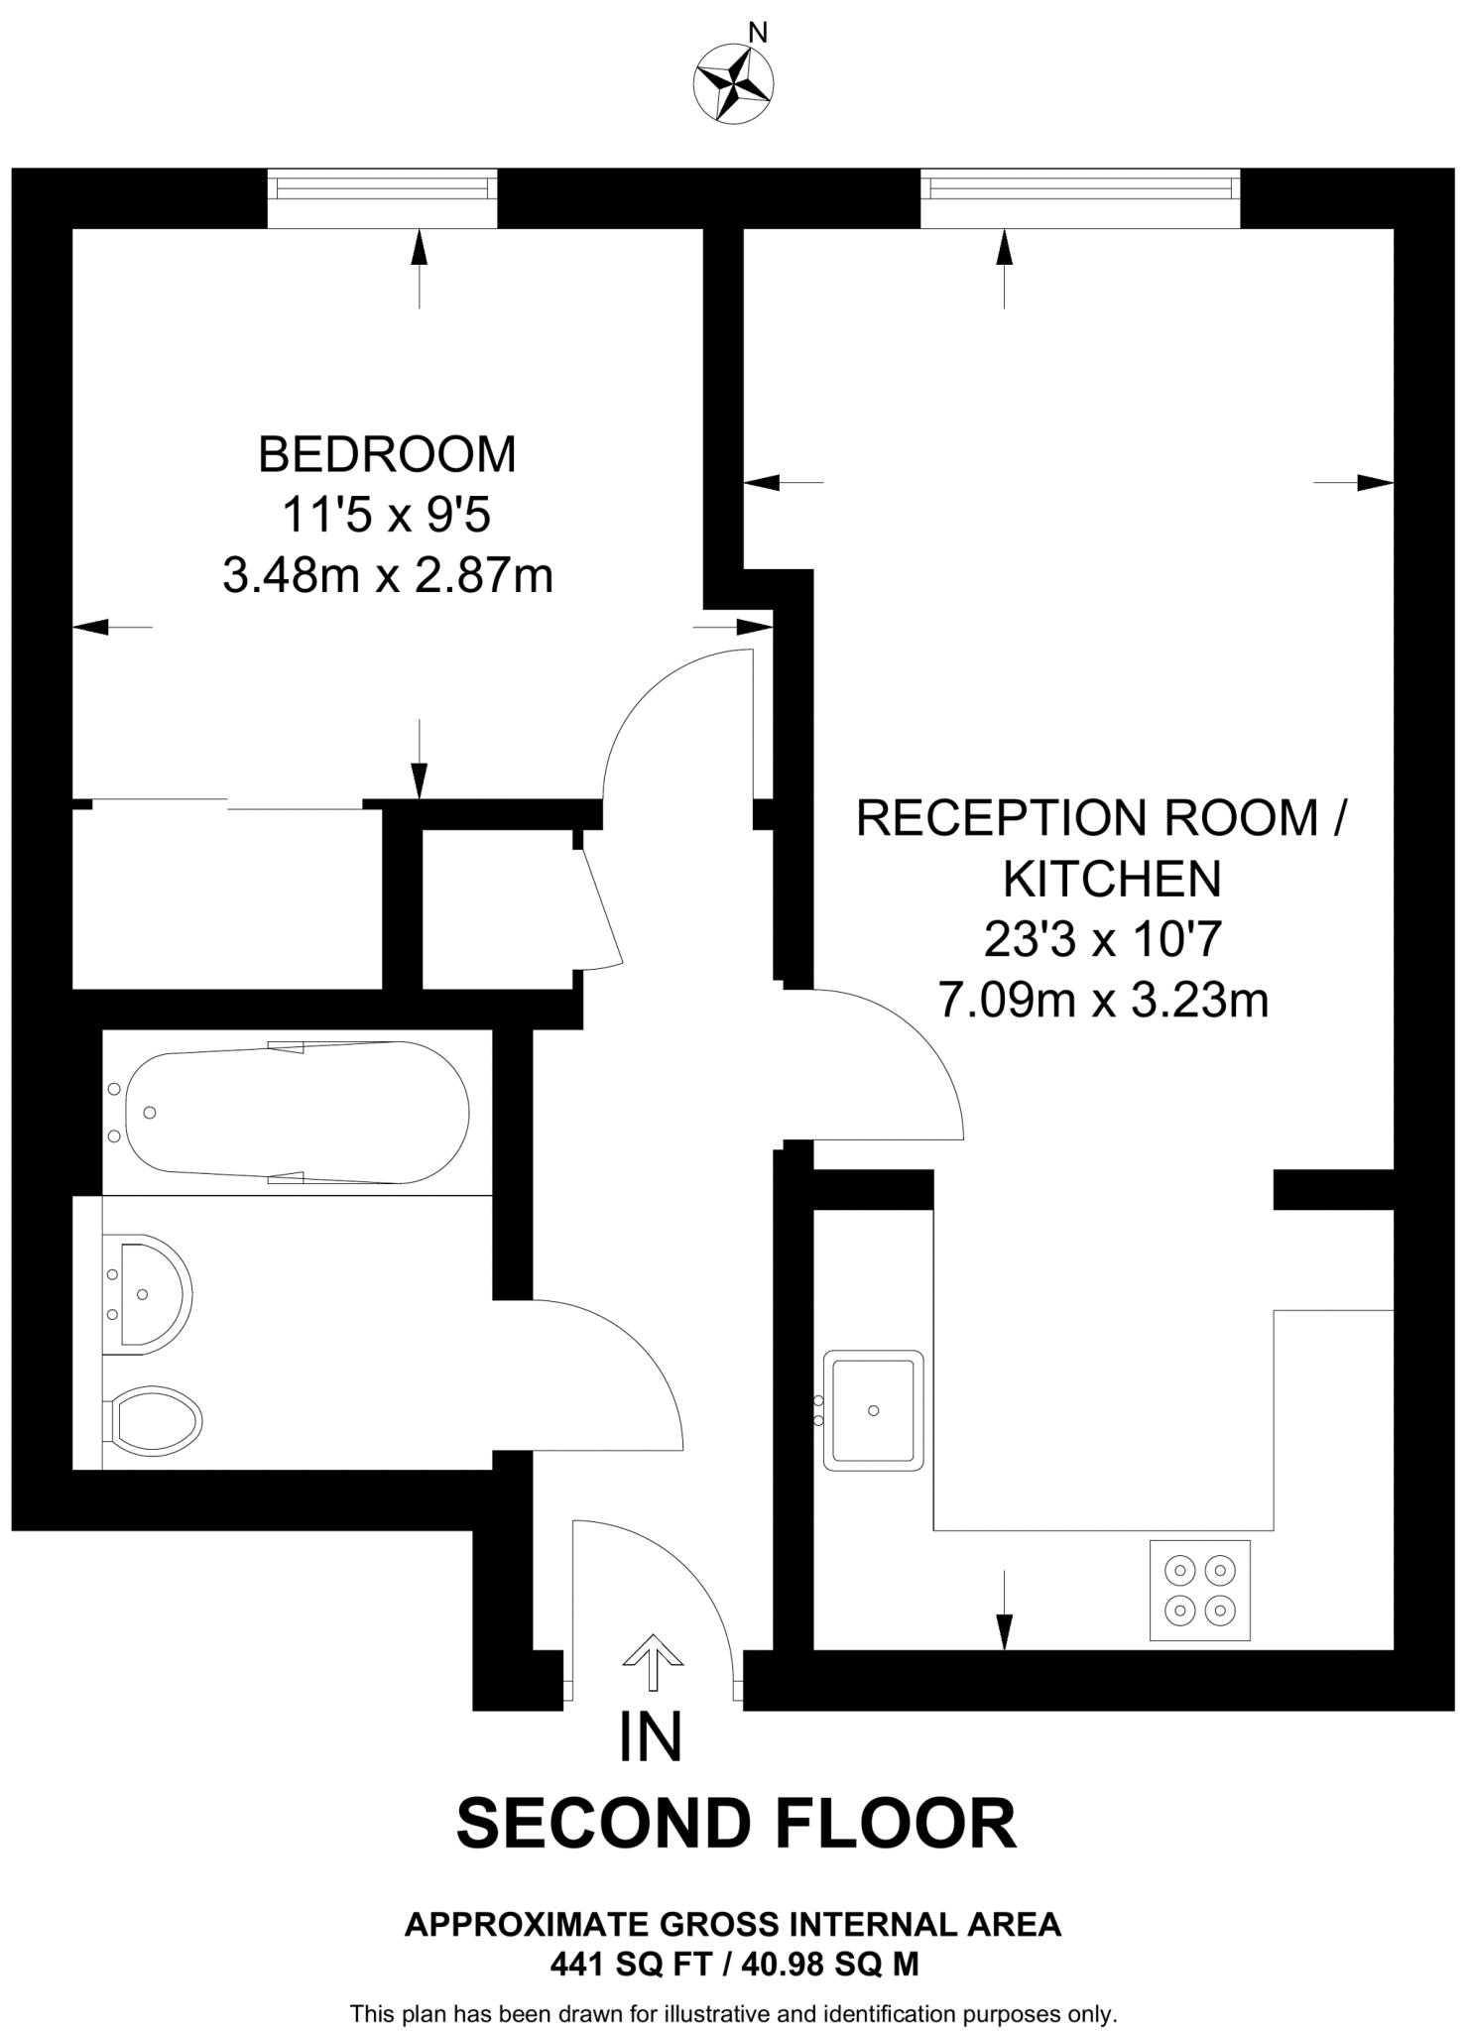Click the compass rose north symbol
[735, 84]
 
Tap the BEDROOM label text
[387, 454]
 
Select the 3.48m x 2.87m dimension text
[387, 576]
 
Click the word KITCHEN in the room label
[1111, 879]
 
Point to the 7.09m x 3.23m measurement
[1103, 1002]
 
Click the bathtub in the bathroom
[298, 1112]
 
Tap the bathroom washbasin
[149, 1293]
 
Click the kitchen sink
[873, 1409]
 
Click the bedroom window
[383, 186]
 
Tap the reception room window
[1079, 186]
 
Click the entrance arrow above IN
[653, 1662]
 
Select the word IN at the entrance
[651, 1737]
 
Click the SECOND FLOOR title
[736, 1823]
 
